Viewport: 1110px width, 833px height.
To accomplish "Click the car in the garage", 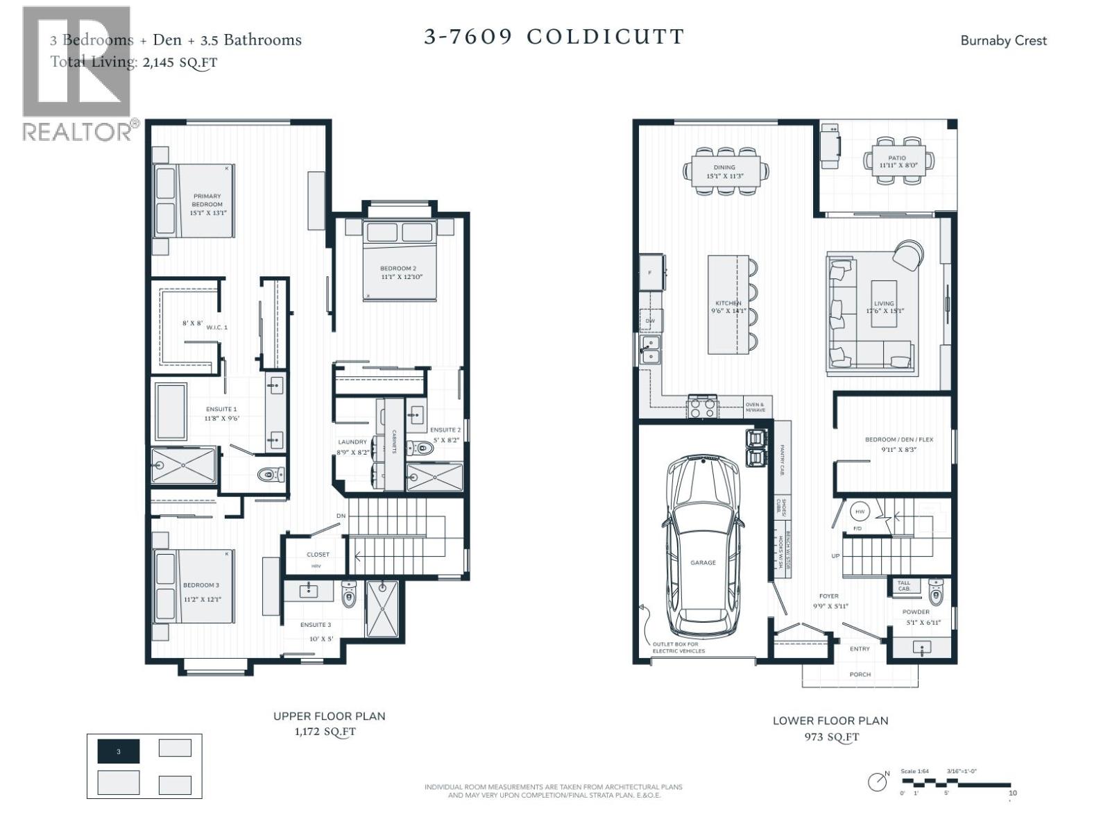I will (703, 541).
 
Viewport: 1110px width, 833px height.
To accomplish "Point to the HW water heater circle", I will (860, 512).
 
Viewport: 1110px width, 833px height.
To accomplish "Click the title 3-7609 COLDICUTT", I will (554, 37).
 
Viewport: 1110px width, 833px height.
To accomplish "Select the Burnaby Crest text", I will (1003, 40).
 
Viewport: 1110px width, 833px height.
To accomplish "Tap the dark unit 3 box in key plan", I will (119, 751).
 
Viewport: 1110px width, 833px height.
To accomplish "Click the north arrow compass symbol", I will (878, 781).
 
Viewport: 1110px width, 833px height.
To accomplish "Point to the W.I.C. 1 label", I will (216, 327).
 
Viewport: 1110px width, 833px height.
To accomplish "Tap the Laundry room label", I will (352, 442).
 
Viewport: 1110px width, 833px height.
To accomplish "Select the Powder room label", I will (916, 612).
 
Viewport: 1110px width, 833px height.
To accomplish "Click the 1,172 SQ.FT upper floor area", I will (325, 732).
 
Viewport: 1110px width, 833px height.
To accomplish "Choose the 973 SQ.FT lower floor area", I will (831, 737).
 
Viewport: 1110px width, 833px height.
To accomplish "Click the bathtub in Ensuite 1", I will (171, 411).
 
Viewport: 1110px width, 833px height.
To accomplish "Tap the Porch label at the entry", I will (860, 674).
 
